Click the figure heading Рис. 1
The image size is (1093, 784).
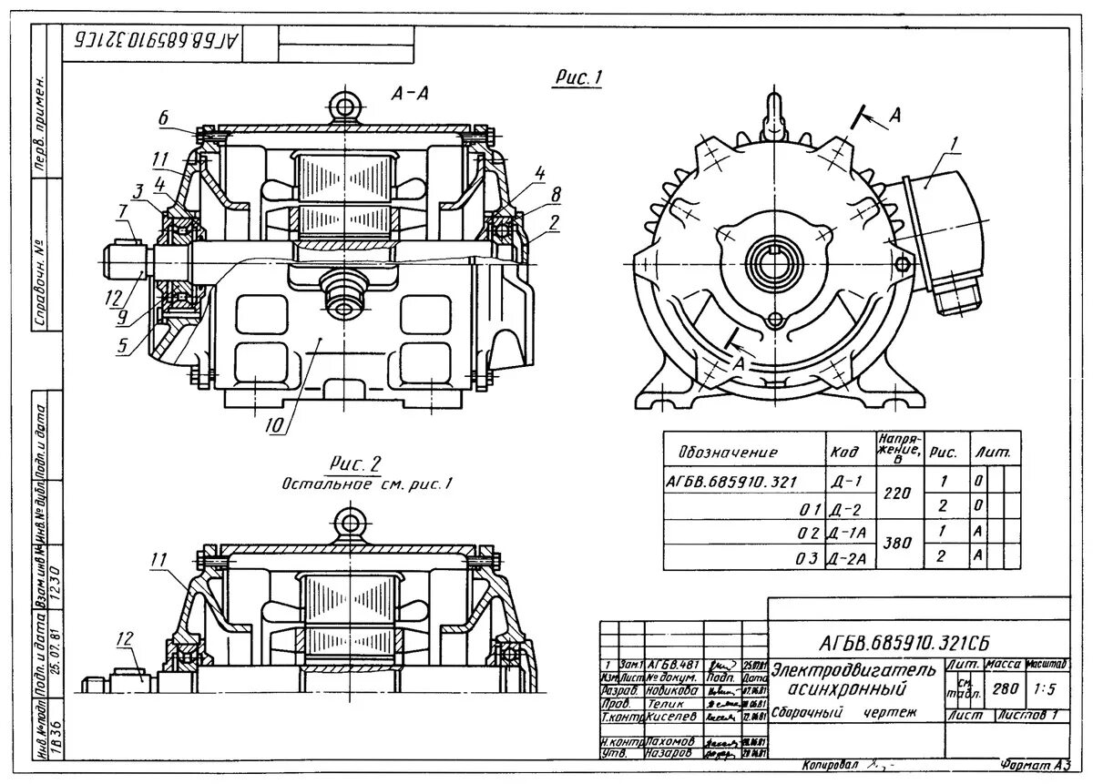(578, 79)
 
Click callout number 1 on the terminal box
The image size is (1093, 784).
(954, 143)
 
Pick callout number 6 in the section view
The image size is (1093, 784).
(163, 117)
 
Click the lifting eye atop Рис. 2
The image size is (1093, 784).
(347, 523)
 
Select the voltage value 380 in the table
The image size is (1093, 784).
(898, 544)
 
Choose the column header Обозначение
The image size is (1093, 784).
(728, 453)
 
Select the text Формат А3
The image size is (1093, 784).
(1033, 763)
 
